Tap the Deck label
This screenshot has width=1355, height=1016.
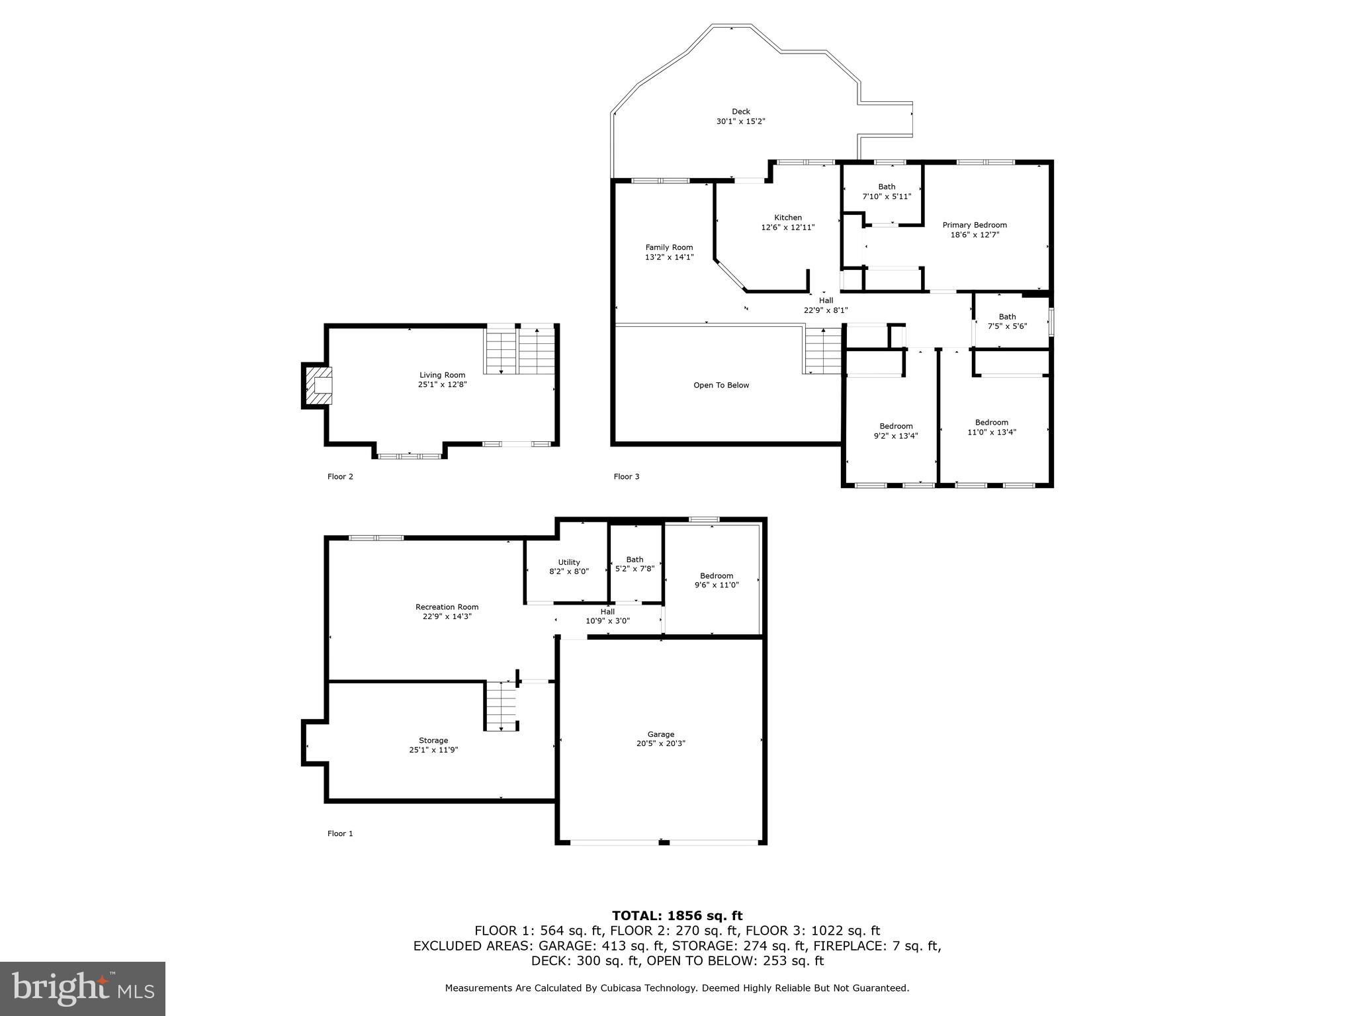tap(740, 112)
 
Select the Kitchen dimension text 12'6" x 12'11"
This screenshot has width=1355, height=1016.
tap(787, 228)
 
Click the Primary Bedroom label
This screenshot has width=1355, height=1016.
tap(974, 225)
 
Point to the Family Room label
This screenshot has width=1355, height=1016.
tap(669, 247)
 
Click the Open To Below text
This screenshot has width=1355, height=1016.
tap(721, 386)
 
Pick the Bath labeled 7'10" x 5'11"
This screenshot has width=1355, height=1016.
tap(887, 191)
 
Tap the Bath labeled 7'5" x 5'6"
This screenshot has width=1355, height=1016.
tap(1007, 321)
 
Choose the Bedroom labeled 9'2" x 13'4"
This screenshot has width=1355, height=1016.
tap(896, 431)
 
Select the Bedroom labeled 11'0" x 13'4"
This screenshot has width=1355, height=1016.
tap(991, 427)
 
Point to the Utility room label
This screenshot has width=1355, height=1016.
tap(568, 562)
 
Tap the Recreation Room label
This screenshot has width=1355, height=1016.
tap(447, 607)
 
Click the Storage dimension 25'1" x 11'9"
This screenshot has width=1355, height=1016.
tap(433, 750)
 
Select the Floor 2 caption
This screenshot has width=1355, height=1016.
tap(340, 477)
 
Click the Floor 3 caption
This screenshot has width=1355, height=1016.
tap(626, 477)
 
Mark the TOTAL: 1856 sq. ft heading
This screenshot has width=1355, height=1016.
tap(677, 916)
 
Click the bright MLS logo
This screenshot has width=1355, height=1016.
tap(82, 988)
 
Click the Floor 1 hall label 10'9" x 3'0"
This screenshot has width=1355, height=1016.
tap(607, 621)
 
